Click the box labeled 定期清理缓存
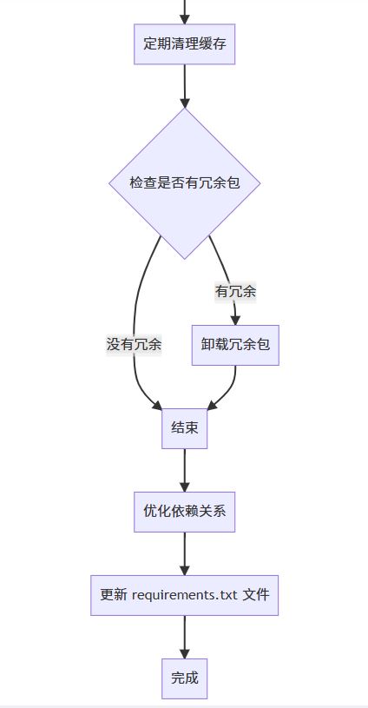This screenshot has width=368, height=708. tap(185, 43)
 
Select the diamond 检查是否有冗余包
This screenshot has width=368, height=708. tap(185, 183)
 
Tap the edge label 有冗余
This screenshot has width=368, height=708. tap(235, 292)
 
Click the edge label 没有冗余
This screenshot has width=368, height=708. tap(134, 345)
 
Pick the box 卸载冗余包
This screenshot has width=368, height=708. tap(235, 345)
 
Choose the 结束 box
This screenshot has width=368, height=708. tap(185, 428)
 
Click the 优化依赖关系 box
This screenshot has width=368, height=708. tap(185, 512)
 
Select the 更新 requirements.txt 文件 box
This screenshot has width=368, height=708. tap(185, 595)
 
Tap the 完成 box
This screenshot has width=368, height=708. tap(185, 678)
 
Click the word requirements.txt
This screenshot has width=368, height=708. tap(185, 595)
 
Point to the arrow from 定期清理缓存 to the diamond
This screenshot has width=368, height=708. tap(185, 86)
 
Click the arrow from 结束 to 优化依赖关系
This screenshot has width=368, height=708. tap(185, 470)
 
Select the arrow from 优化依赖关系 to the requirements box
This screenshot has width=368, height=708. tap(185, 553)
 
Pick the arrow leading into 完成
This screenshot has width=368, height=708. tap(185, 637)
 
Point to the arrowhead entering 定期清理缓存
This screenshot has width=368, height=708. tap(185, 19)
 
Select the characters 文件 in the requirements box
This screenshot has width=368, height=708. tap(256, 595)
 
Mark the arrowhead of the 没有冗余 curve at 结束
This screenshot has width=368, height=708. tap(157, 406)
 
